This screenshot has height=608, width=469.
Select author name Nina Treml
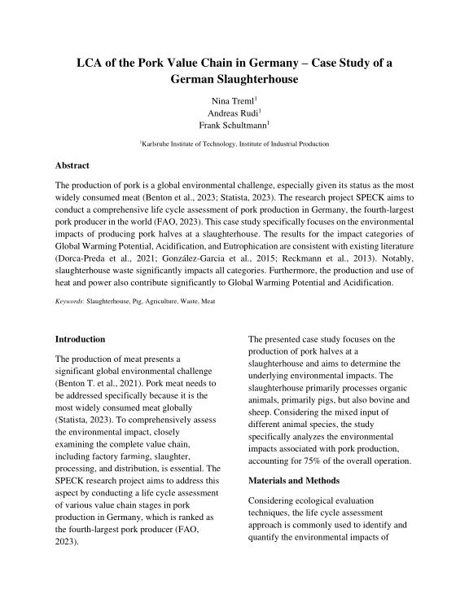tap(232, 99)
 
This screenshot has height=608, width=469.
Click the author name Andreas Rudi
tap(233, 112)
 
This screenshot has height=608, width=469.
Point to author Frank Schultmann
tap(233, 126)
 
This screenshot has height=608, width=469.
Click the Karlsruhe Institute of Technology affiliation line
tap(234, 144)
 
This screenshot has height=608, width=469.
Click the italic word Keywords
tap(68, 302)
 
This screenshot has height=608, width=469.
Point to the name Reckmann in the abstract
tap(315, 257)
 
